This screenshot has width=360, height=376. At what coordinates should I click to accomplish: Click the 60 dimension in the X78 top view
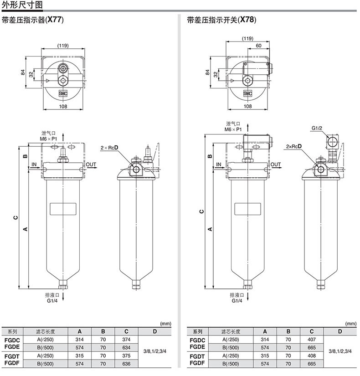(258, 46)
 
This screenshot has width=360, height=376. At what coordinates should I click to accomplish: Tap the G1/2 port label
(317, 128)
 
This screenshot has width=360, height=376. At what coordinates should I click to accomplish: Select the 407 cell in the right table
(312, 340)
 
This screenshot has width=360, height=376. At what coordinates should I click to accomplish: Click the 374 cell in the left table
(126, 340)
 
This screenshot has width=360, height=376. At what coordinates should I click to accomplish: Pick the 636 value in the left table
(126, 364)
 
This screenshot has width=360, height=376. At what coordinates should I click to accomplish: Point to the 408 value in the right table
(312, 355)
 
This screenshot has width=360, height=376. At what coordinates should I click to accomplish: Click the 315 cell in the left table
(79, 355)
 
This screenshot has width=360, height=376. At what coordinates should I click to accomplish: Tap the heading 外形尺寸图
(22, 5)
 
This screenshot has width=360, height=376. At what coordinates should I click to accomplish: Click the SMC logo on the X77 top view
(63, 93)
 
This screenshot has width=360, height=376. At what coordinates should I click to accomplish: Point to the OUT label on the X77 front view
(91, 165)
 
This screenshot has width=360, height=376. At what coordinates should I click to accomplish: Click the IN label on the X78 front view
(218, 165)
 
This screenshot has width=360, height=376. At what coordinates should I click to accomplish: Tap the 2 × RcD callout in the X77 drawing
(109, 148)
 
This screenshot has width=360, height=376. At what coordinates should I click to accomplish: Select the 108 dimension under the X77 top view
(63, 106)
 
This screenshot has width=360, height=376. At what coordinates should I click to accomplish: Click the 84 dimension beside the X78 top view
(207, 72)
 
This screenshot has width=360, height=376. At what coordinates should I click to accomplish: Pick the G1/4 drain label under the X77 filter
(52, 301)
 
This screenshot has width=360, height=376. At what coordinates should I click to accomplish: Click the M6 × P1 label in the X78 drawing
(233, 129)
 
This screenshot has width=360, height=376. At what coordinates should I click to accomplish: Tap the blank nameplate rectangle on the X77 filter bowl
(63, 209)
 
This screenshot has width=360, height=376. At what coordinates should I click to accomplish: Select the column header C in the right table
(312, 331)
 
